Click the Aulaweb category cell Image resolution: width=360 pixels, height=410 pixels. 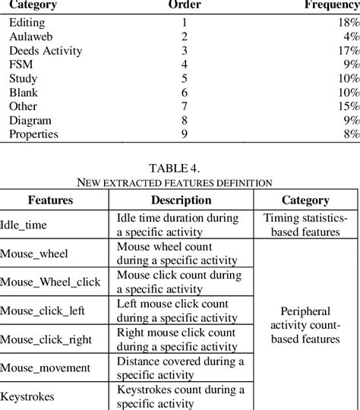point(30,36)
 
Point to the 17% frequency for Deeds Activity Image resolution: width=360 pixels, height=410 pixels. point(344,51)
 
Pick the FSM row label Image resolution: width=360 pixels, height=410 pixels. point(21,65)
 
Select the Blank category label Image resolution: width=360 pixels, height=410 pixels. point(24,92)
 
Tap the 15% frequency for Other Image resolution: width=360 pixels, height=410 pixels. point(344,106)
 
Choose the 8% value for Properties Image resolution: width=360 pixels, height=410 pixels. point(346,134)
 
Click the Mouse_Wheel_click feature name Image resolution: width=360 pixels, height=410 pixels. point(50,282)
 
